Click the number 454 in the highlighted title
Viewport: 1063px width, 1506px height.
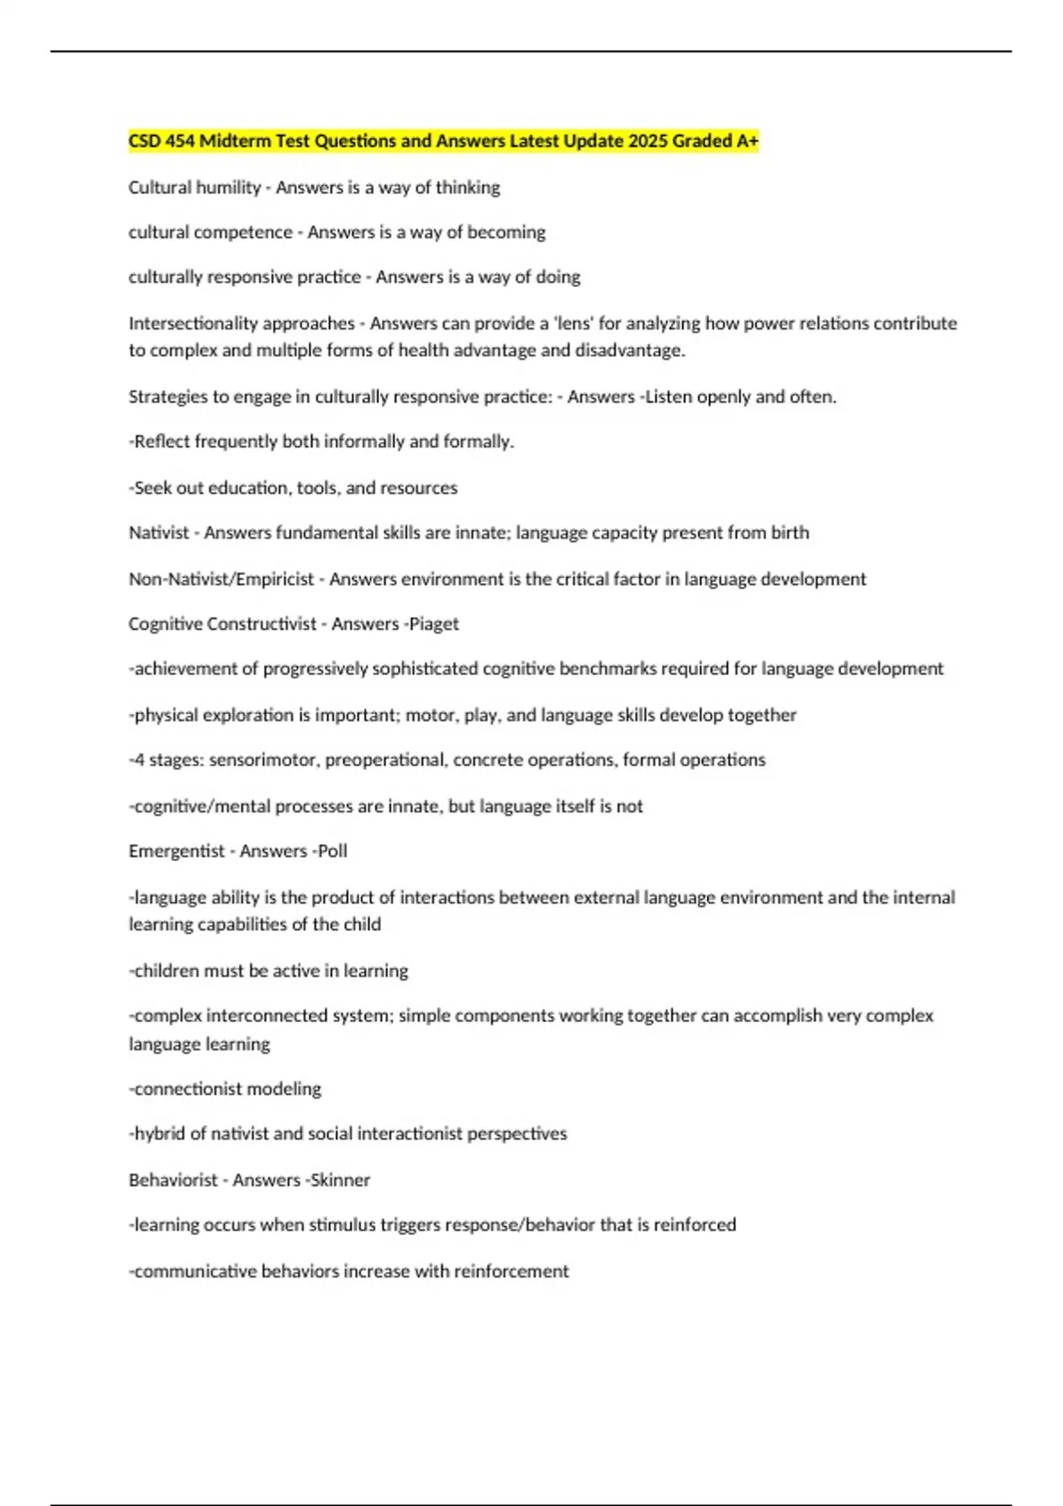(180, 141)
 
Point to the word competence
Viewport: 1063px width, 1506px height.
(250, 232)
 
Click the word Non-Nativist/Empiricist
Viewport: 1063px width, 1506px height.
(221, 579)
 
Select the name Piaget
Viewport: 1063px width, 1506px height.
(434, 624)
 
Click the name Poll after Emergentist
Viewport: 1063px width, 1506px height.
(332, 851)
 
